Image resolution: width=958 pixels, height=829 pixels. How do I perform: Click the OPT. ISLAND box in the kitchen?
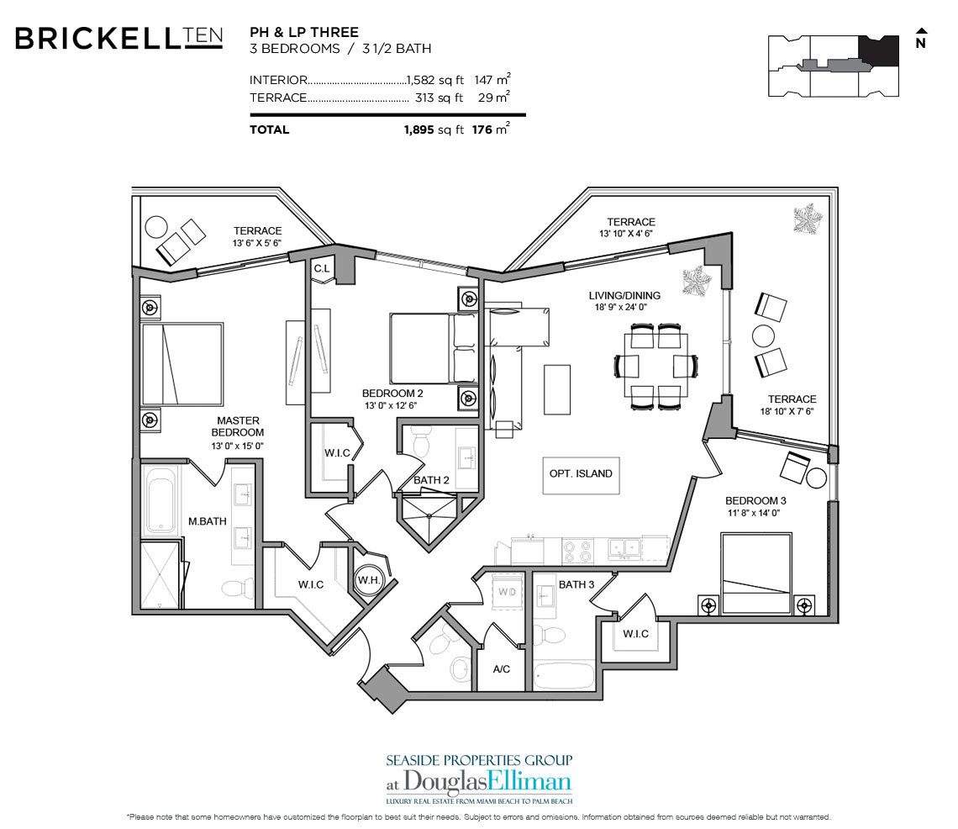tap(581, 473)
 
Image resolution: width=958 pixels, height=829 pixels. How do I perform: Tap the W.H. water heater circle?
tap(368, 580)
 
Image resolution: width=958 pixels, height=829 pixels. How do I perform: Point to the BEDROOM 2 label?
tap(392, 393)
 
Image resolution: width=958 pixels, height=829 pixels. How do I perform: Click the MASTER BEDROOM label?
tap(238, 426)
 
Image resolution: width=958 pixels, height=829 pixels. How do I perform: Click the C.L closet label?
tap(321, 268)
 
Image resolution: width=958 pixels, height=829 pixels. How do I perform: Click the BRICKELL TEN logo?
tap(118, 38)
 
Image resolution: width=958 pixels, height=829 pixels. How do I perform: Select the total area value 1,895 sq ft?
tap(433, 129)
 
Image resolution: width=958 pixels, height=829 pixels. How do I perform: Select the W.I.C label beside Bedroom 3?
tap(635, 633)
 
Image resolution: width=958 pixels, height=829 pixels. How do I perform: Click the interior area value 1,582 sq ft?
tap(434, 80)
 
